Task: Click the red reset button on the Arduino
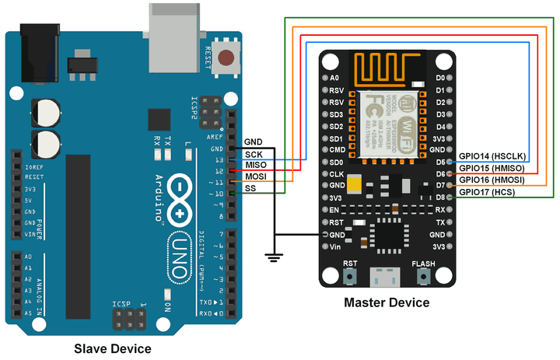pos(227,58)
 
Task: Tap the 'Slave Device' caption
pos(112,348)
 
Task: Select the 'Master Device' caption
pos(387,302)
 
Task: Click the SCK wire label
pos(254,154)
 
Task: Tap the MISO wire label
pos(256,166)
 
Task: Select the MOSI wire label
pos(256,177)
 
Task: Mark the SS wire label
pos(251,189)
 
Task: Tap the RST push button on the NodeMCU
pos(351,276)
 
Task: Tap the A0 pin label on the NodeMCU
pos(334,79)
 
